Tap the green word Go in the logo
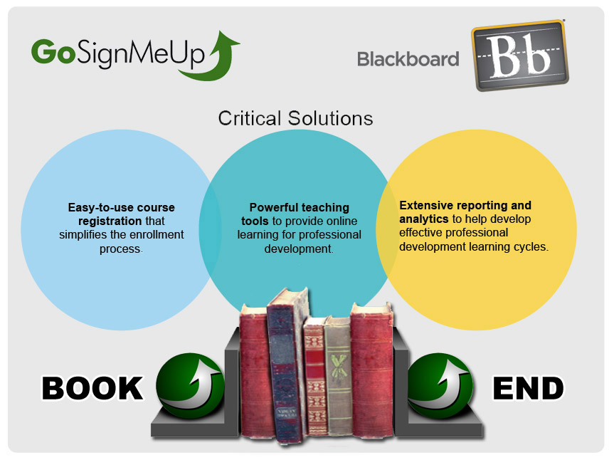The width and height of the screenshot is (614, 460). click(53, 51)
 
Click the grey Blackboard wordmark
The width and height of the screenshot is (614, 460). click(408, 59)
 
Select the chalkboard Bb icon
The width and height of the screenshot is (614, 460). click(520, 56)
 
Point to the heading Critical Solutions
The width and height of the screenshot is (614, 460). click(295, 118)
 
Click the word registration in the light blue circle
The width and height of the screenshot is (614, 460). click(110, 221)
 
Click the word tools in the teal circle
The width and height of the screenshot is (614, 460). click(255, 221)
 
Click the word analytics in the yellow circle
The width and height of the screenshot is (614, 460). click(424, 219)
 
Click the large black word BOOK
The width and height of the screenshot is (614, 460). click(92, 388)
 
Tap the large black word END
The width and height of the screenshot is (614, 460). click(528, 388)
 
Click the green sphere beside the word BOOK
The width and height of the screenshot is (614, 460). click(190, 385)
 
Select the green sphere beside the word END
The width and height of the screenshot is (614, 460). click(440, 385)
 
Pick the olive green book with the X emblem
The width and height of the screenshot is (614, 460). click(339, 376)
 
